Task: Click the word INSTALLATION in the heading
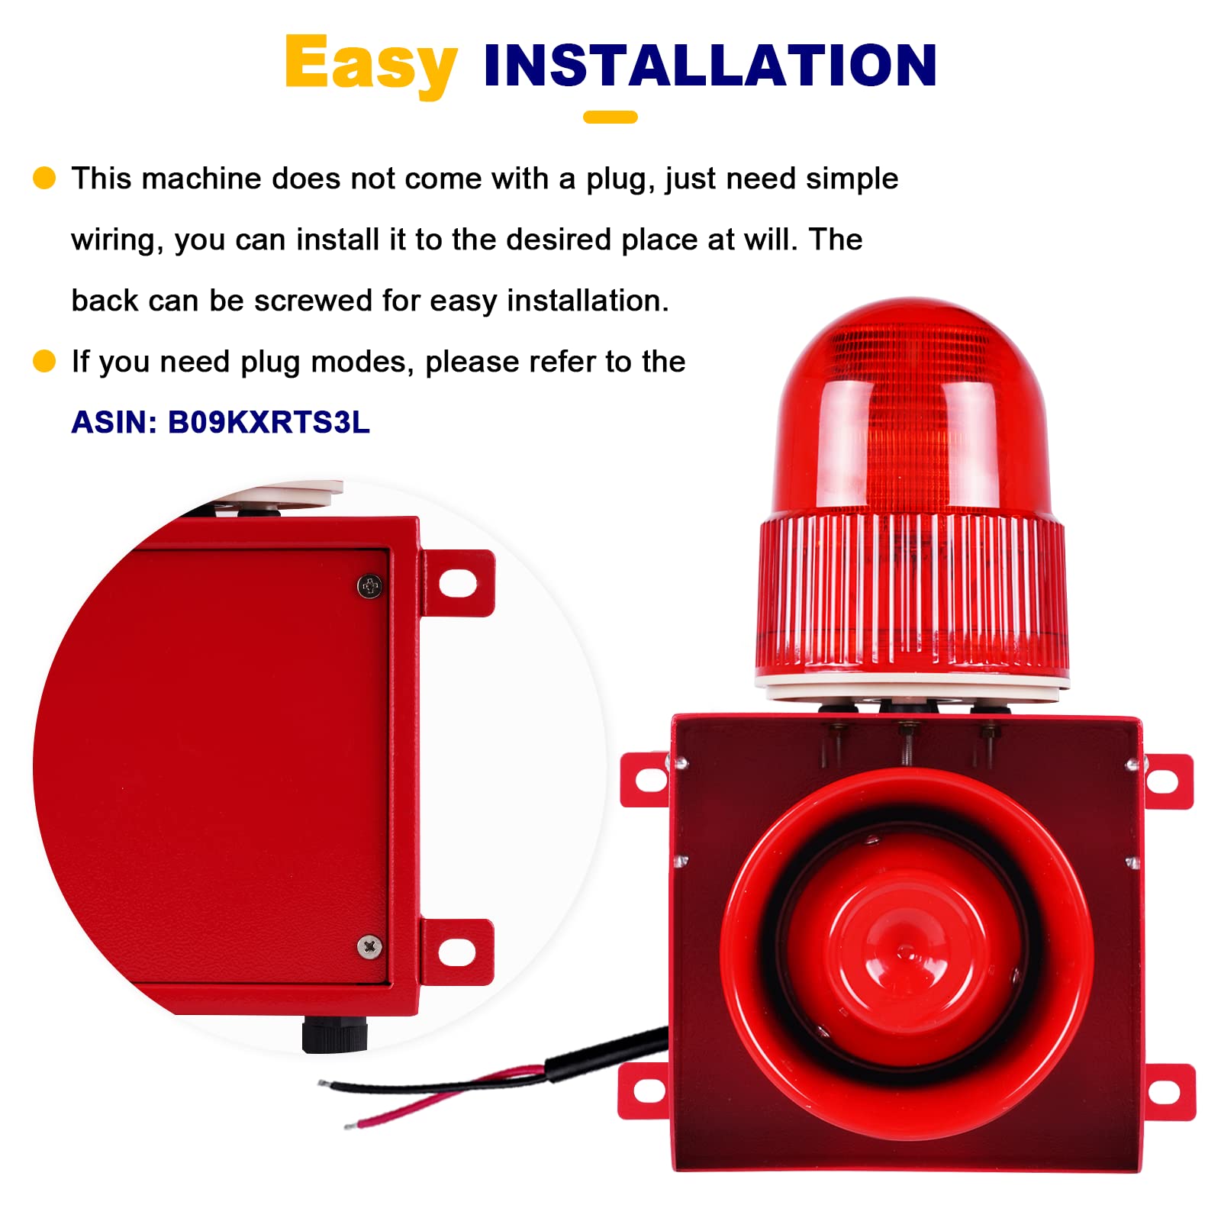pyautogui.click(x=710, y=66)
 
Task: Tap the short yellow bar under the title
pyautogui.click(x=610, y=117)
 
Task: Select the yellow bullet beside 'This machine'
pyautogui.click(x=44, y=178)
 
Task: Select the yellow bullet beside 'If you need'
pyautogui.click(x=44, y=361)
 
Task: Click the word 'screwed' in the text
pyautogui.click(x=314, y=301)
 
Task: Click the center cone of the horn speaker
pyautogui.click(x=906, y=951)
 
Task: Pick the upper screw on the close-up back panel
pyautogui.click(x=370, y=586)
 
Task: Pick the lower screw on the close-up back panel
pyautogui.click(x=369, y=946)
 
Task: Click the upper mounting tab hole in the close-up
pyautogui.click(x=459, y=584)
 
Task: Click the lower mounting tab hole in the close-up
pyautogui.click(x=457, y=952)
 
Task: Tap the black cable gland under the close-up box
pyautogui.click(x=334, y=1034)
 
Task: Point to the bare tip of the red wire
pyautogui.click(x=350, y=1125)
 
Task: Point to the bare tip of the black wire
pyautogui.click(x=324, y=1083)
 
